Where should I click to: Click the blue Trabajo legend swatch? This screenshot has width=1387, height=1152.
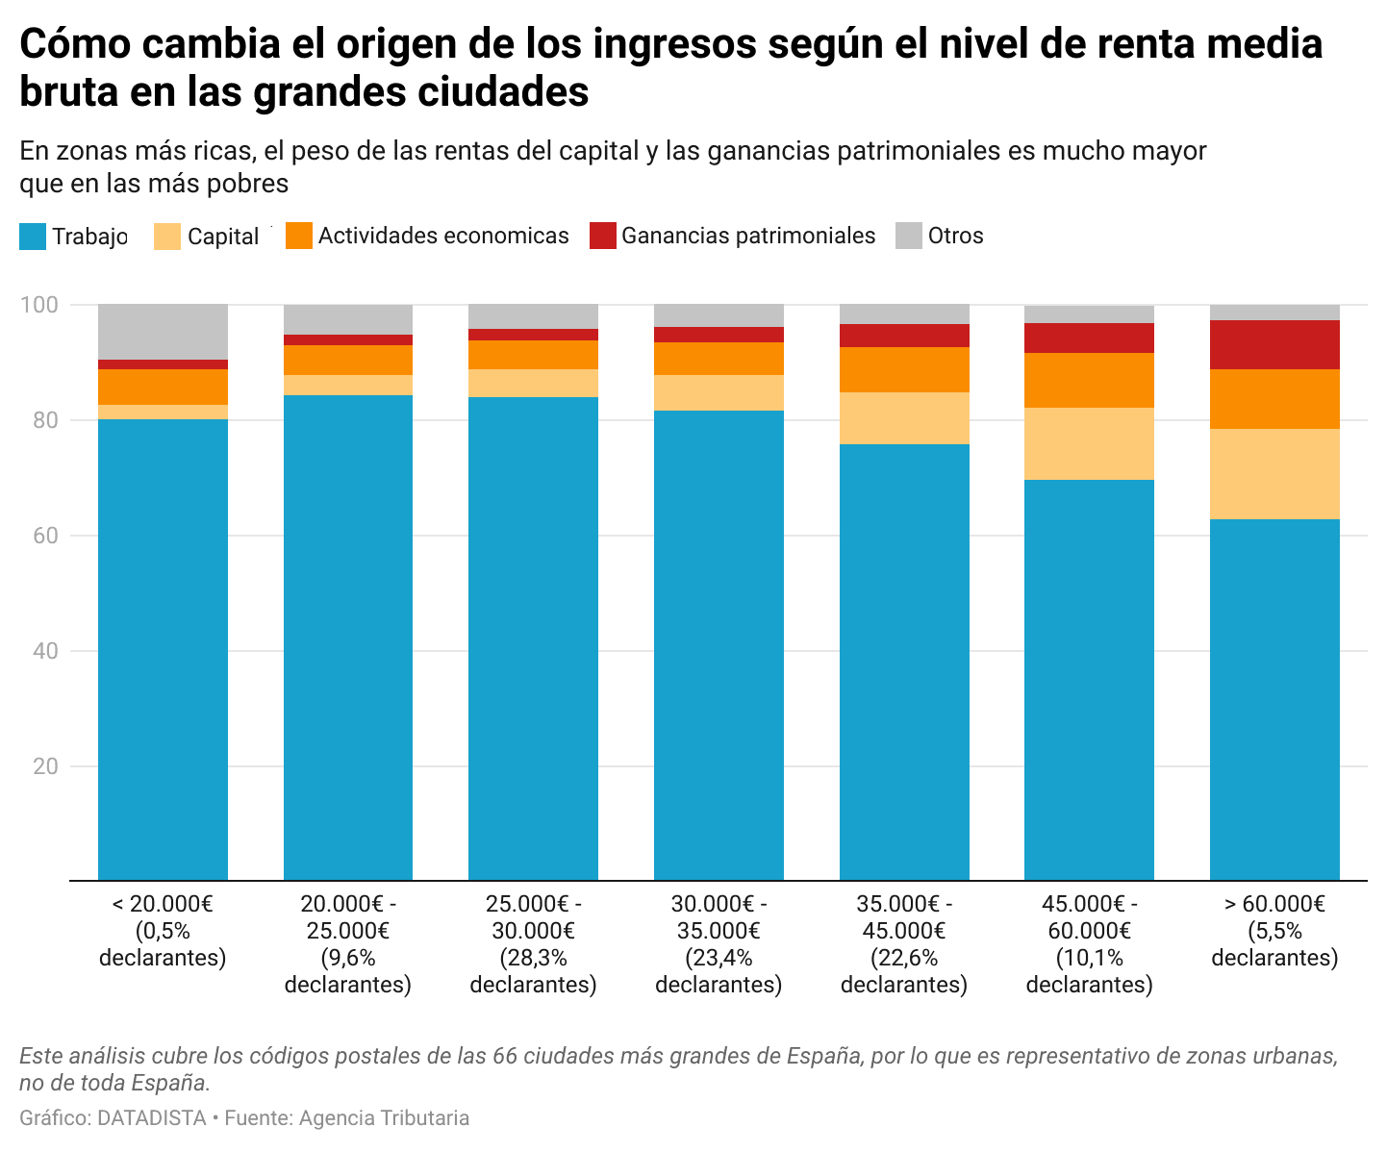[x=33, y=237]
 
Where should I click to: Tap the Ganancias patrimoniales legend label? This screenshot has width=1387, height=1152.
[x=747, y=237]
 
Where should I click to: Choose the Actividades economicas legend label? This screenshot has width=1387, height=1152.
[x=443, y=237]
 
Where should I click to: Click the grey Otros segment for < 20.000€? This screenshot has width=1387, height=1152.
[x=163, y=332]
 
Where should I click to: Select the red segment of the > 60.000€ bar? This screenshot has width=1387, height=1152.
[x=1274, y=344]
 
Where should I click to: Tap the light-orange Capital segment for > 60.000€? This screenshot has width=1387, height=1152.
[x=1274, y=474]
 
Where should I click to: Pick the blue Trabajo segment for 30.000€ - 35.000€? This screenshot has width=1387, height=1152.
[x=719, y=644]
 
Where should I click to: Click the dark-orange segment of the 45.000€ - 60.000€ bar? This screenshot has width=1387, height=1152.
[x=1089, y=380]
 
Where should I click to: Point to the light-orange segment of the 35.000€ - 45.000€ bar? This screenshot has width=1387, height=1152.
[x=904, y=418]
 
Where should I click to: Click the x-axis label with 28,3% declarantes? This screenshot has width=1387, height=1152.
[x=533, y=944]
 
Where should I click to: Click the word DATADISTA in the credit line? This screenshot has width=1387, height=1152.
[x=152, y=1118]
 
